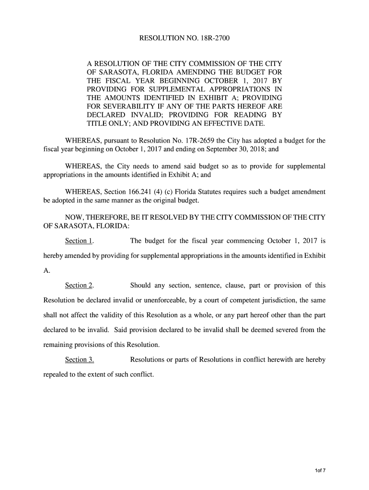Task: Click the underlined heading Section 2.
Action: pyautogui.click(x=79, y=286)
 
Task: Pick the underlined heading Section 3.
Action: pyautogui.click(x=79, y=360)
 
